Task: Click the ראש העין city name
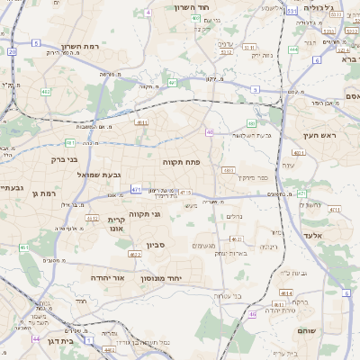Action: (319, 135)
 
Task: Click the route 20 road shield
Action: (12, 51)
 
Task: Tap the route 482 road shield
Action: (45, 91)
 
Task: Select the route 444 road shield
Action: (293, 49)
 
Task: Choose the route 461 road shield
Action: (24, 247)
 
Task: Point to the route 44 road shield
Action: (36, 339)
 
